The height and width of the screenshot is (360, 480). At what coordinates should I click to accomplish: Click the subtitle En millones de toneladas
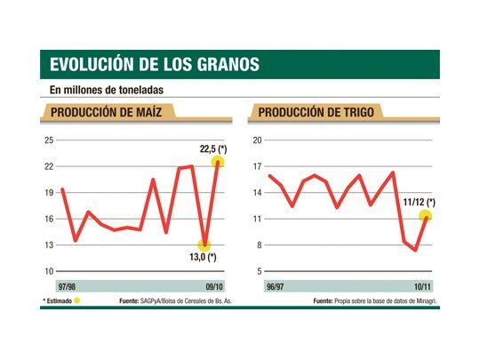(107, 89)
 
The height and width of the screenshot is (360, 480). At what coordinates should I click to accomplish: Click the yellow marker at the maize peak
(218, 162)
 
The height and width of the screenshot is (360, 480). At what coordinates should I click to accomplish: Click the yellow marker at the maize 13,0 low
(205, 244)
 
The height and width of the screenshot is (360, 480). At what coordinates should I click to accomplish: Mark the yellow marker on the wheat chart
(426, 215)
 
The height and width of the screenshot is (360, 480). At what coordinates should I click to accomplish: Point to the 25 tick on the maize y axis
(49, 140)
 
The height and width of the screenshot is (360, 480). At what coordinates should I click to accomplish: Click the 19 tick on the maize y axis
(49, 193)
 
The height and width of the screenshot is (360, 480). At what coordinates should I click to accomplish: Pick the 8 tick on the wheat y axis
(258, 245)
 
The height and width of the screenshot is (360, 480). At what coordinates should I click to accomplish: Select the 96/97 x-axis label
(263, 287)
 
